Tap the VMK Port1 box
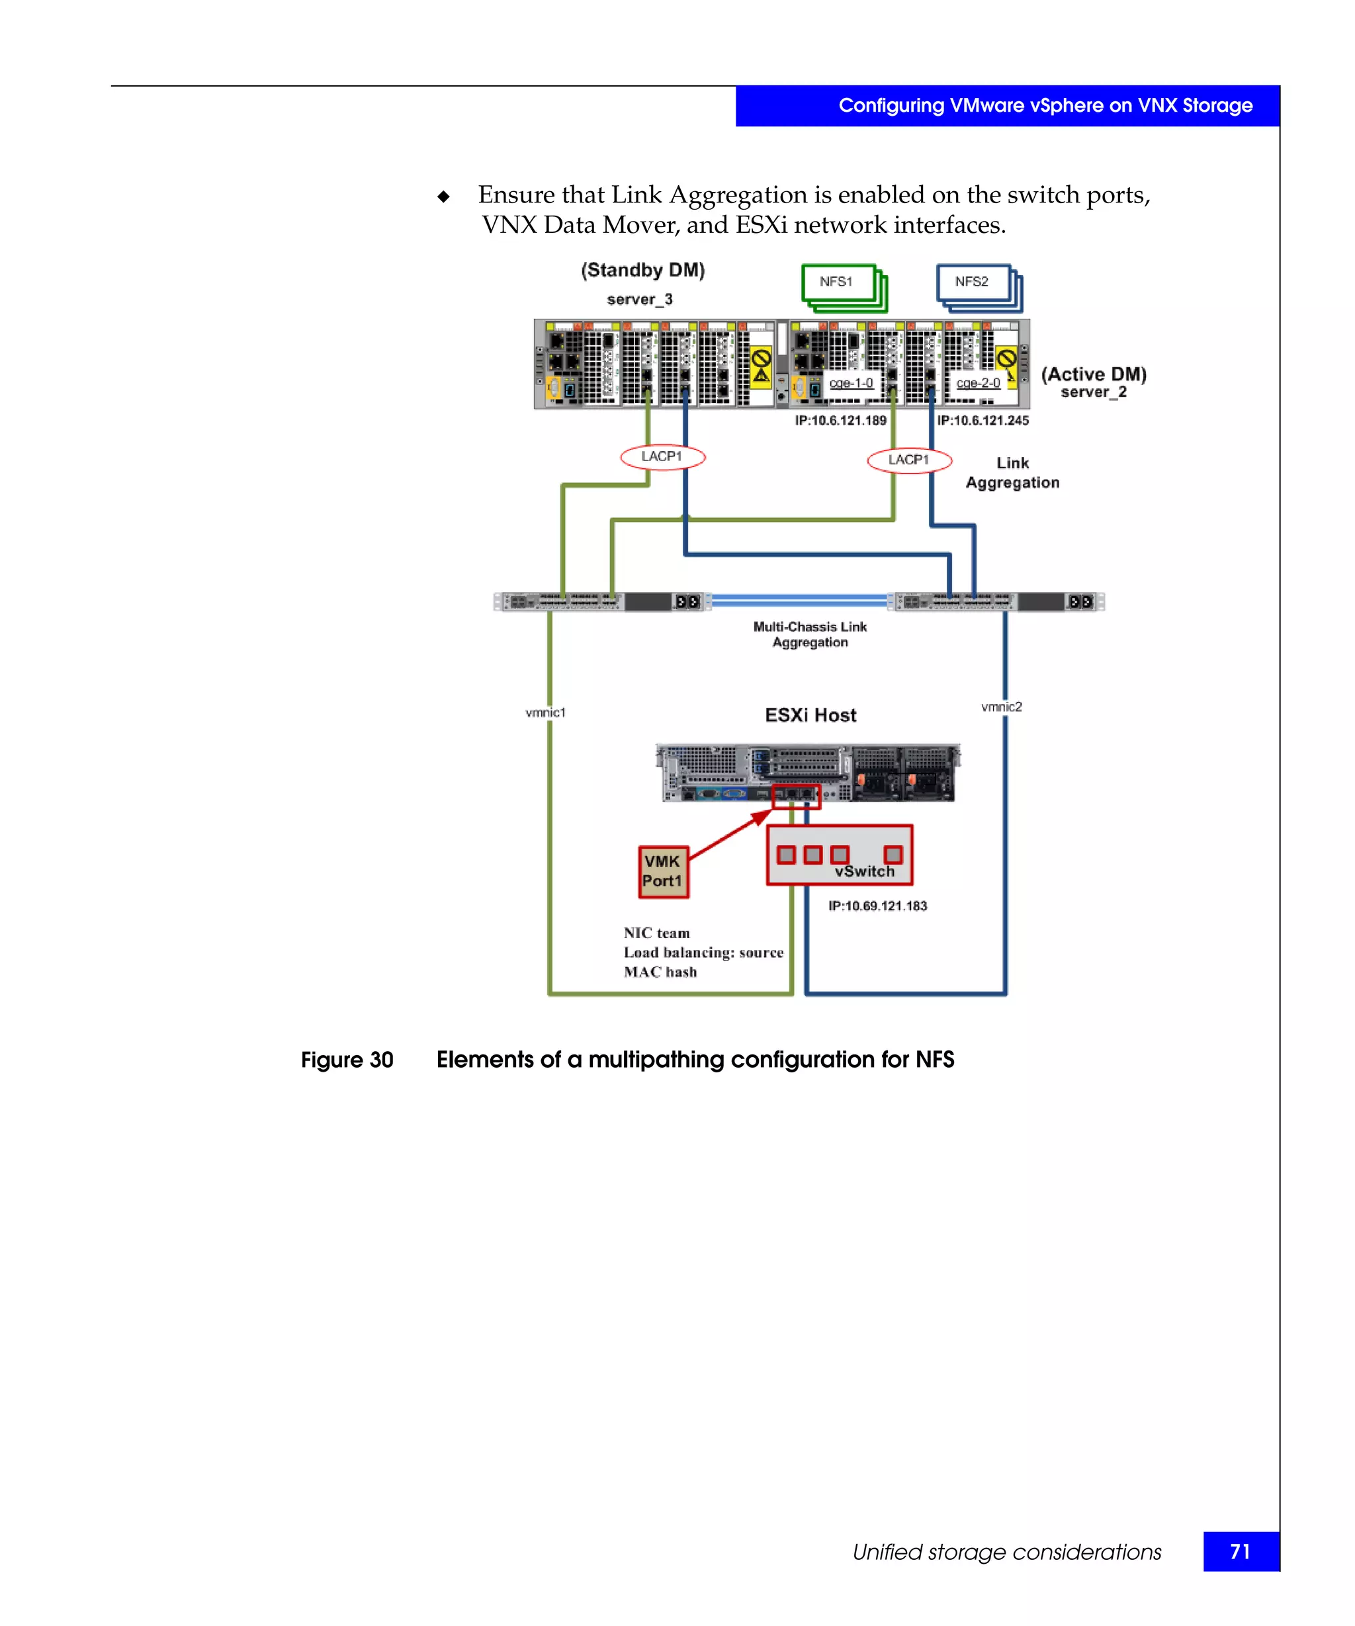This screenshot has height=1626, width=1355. [663, 872]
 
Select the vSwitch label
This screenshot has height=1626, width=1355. [864, 871]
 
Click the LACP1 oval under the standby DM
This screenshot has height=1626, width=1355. [662, 457]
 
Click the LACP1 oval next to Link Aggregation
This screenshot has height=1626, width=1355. [908, 460]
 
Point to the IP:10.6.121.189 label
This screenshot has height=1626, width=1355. [840, 421]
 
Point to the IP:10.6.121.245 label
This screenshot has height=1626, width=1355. [983, 421]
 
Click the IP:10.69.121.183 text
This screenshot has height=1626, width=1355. [877, 906]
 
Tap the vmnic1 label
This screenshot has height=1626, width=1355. [545, 712]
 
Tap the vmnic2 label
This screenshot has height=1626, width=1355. [1001, 707]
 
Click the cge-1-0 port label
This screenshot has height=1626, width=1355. [851, 383]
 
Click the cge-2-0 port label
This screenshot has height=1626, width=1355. [978, 383]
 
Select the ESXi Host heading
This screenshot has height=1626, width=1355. [810, 716]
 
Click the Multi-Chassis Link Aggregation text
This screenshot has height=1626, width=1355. [810, 634]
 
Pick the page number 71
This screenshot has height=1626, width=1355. [1240, 1552]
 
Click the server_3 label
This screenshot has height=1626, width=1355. [640, 300]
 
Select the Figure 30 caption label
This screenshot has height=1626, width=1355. [347, 1060]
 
